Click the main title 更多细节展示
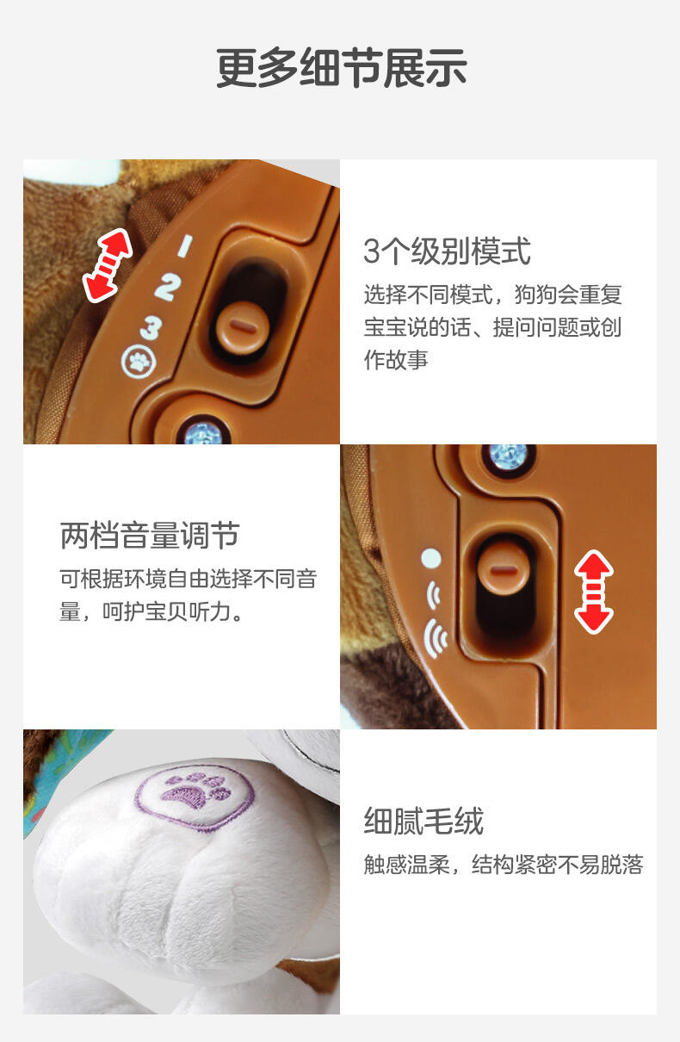pos(341,68)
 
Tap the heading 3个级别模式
pos(447,251)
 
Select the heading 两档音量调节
pos(150,536)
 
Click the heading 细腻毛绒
pos(423,821)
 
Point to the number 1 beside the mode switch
pos(185,245)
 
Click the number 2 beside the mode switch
pos(168,288)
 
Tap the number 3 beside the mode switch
pos(151,328)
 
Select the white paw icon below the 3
pos(139,361)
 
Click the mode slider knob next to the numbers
pos(243,327)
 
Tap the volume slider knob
pos(504,569)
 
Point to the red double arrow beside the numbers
pos(107,265)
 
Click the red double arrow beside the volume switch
pos(593,592)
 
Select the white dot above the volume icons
pos(431,558)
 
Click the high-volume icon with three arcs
pos(436,638)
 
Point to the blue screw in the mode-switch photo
pos(203,433)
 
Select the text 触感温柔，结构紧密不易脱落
pos(504,865)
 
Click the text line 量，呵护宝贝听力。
pos(151,611)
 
